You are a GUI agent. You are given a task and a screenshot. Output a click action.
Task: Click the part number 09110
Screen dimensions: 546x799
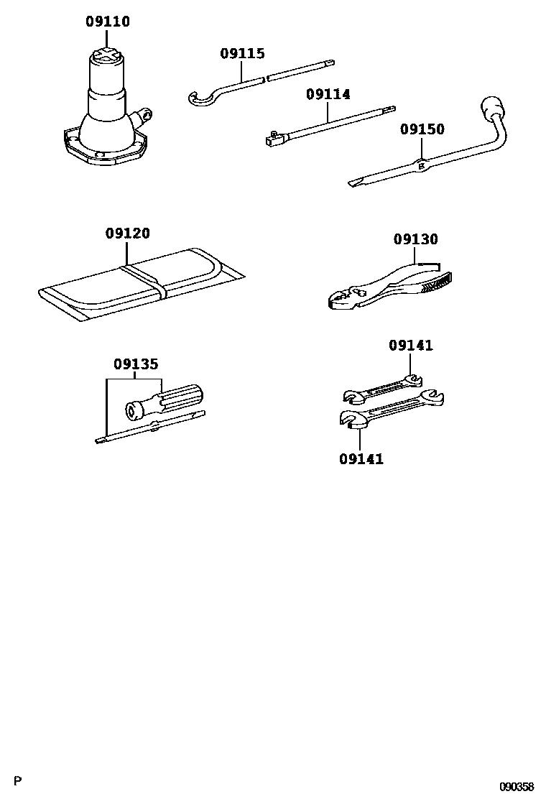click(x=108, y=22)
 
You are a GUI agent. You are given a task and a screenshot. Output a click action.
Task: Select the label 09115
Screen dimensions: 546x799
click(x=242, y=54)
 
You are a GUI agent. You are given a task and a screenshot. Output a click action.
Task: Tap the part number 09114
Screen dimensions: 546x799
click(x=328, y=94)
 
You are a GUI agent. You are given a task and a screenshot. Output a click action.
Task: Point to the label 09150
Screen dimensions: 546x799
click(x=422, y=129)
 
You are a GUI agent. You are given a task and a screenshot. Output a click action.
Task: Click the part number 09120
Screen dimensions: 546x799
click(x=127, y=234)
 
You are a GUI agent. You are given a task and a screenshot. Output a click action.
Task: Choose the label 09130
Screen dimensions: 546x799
click(x=415, y=239)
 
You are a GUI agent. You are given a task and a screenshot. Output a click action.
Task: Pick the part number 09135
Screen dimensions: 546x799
click(x=135, y=364)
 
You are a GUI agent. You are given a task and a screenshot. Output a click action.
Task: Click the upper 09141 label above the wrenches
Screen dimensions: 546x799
click(x=411, y=346)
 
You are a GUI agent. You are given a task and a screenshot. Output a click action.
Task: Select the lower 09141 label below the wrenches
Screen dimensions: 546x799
click(x=361, y=458)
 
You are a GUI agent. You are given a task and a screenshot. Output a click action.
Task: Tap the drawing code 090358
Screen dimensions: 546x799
click(x=517, y=787)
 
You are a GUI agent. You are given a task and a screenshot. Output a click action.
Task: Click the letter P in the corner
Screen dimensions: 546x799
click(x=19, y=781)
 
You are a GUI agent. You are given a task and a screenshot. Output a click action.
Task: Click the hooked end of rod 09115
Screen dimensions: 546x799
click(x=196, y=100)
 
